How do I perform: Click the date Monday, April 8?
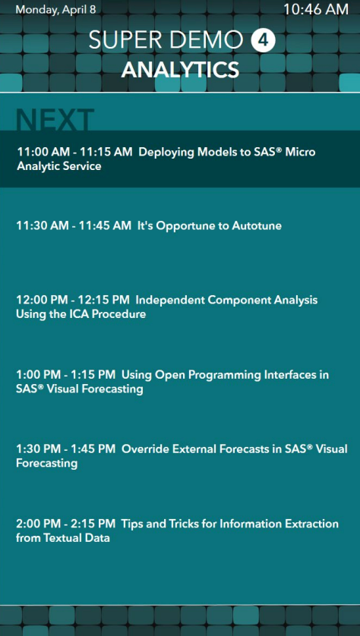click(55, 10)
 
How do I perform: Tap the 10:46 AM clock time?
click(315, 9)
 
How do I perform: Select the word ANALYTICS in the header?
click(180, 70)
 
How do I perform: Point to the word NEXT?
click(55, 120)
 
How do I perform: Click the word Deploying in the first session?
click(167, 153)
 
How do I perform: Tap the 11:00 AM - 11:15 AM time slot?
click(74, 152)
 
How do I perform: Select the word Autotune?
click(257, 225)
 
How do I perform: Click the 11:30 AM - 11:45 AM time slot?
click(74, 225)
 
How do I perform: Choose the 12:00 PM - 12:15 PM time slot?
click(73, 300)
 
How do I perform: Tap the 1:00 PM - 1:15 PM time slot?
click(66, 375)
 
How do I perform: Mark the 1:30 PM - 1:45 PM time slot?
click(66, 449)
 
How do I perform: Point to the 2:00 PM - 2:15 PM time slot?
click(66, 524)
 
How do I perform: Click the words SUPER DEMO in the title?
click(166, 40)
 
